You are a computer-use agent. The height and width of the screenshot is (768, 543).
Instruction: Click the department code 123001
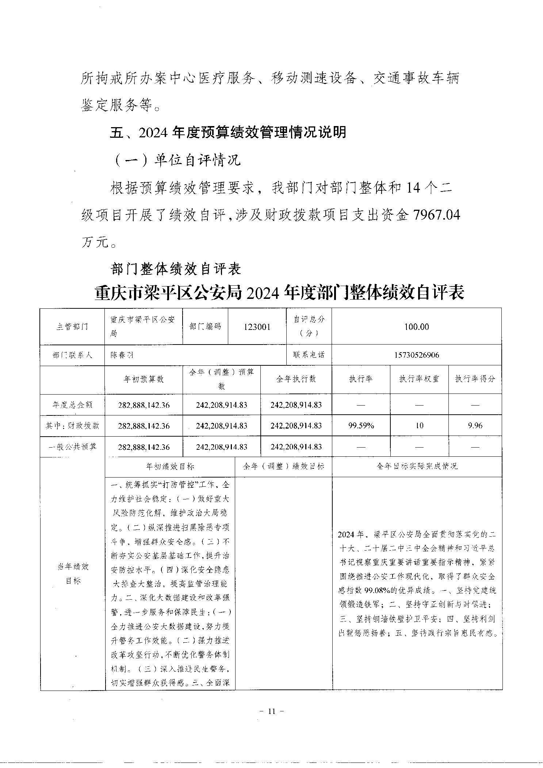[x=257, y=327]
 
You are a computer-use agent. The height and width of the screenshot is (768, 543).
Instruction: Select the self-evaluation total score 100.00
[x=416, y=327]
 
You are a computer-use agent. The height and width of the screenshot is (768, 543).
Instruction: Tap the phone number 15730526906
[x=416, y=355]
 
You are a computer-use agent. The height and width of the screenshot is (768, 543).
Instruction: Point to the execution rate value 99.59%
[x=361, y=425]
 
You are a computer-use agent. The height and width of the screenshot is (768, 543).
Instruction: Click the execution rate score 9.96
[x=475, y=425]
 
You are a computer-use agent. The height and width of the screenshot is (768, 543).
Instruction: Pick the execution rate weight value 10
[x=419, y=425]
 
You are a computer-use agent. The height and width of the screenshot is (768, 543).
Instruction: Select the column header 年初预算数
[x=144, y=379]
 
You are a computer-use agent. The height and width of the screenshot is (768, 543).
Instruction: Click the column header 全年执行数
[x=296, y=379]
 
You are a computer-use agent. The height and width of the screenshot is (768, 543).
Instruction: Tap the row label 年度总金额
[x=72, y=404]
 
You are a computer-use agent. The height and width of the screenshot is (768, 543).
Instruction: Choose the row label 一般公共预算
[x=72, y=446]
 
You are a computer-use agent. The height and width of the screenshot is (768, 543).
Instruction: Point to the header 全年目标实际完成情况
[x=417, y=466]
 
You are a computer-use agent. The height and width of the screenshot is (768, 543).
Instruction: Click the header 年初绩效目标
[x=170, y=466]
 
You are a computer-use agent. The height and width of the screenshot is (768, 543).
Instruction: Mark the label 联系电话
[x=309, y=354]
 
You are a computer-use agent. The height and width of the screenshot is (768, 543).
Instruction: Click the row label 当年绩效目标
[x=73, y=573]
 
